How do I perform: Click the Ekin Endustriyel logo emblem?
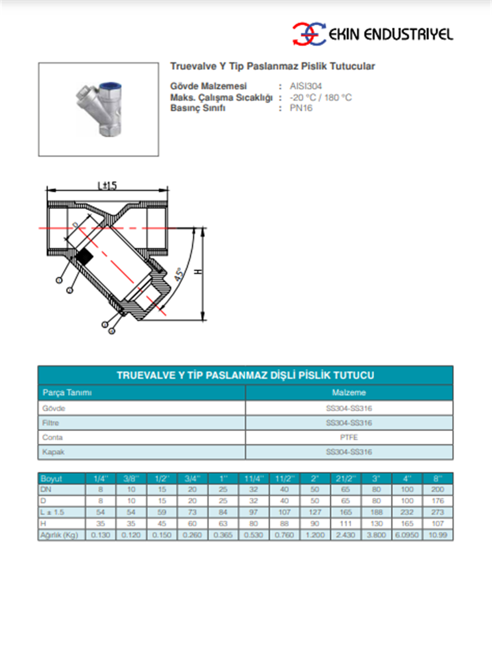(x=309, y=34)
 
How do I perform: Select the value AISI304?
(x=306, y=86)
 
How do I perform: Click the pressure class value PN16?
(x=301, y=108)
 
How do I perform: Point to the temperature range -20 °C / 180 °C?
(x=320, y=97)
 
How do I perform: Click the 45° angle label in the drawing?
(x=179, y=274)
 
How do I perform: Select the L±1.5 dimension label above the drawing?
(x=107, y=185)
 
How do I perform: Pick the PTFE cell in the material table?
(x=349, y=437)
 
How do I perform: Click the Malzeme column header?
(x=349, y=392)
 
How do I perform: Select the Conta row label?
(x=53, y=437)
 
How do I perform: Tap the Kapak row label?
(x=54, y=452)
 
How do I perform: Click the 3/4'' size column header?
(x=192, y=478)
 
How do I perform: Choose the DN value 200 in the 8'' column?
(x=437, y=490)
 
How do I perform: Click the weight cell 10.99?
(x=437, y=535)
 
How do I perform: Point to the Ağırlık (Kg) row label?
(x=60, y=535)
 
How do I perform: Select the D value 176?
(x=437, y=501)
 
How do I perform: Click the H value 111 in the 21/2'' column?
(x=345, y=524)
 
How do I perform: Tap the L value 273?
(x=437, y=512)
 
